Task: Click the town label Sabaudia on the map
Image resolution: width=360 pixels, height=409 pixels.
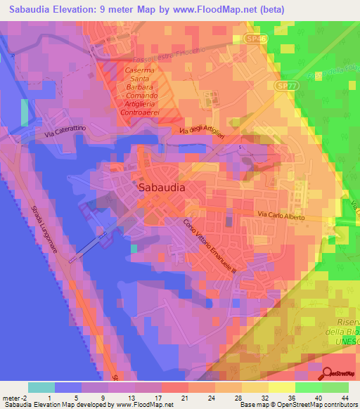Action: tap(162, 188)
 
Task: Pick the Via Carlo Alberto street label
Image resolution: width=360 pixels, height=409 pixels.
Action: tap(281, 216)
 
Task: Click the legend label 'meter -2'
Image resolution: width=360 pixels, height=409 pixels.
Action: tap(14, 398)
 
